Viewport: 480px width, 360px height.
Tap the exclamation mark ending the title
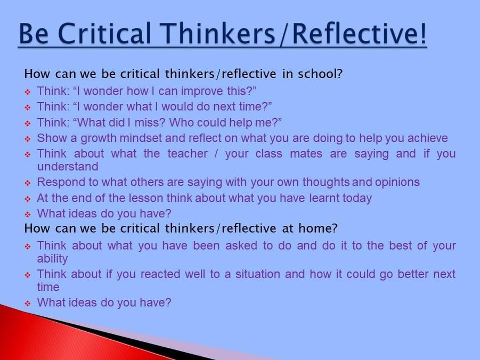423,33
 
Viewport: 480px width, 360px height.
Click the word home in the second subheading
315,228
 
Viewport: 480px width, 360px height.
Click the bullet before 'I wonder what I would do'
28,108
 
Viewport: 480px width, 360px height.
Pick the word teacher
188,153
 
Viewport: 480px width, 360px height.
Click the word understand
68,167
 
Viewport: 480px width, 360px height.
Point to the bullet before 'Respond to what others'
28,183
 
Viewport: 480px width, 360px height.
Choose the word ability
52,259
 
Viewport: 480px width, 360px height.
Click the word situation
257,274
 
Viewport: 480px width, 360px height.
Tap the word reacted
160,274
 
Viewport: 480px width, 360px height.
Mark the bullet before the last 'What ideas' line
28,304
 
